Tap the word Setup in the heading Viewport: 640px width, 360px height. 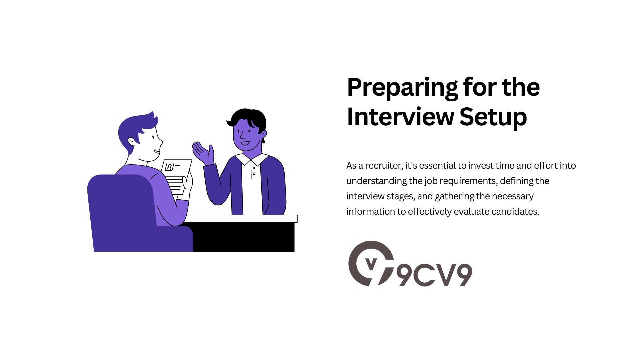(493, 117)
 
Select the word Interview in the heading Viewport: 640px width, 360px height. (400, 117)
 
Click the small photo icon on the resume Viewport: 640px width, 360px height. (169, 167)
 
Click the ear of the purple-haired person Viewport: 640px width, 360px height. (132, 142)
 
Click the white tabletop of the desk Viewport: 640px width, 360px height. (240, 219)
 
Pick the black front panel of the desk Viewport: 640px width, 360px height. (243, 237)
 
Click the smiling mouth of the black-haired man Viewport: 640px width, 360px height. (245, 143)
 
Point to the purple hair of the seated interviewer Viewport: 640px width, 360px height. (133, 127)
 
